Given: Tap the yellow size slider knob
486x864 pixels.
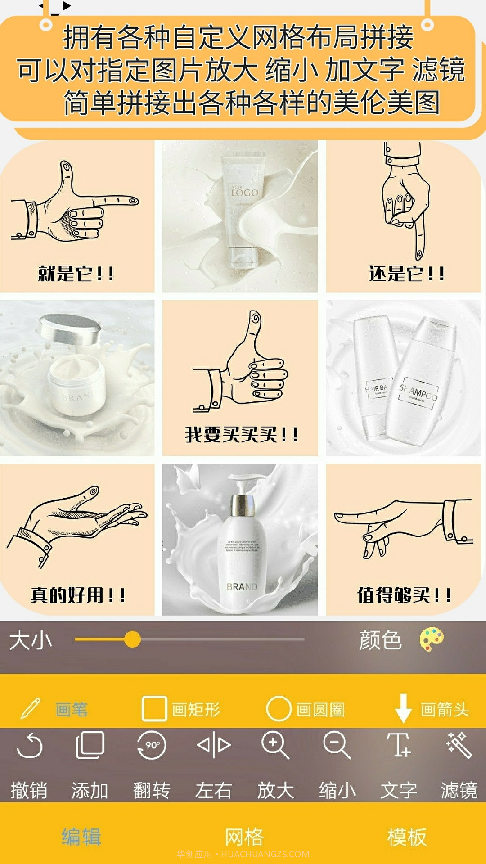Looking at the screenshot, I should click(132, 639).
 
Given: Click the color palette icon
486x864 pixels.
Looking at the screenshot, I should click(432, 639).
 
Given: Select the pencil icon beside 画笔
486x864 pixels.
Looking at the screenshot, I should click(31, 708).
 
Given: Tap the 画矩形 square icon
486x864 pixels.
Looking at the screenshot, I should click(154, 709).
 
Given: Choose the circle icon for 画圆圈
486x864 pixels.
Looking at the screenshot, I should click(279, 709).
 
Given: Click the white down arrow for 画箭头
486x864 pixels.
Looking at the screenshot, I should click(403, 708).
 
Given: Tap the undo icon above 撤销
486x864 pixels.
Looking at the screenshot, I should click(30, 746).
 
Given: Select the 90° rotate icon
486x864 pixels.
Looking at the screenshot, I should click(152, 745).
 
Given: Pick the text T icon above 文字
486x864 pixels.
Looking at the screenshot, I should click(398, 744).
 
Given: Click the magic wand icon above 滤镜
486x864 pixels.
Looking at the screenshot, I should click(459, 744).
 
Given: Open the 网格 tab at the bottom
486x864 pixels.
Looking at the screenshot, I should click(244, 837).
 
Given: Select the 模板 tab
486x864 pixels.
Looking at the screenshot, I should click(407, 837).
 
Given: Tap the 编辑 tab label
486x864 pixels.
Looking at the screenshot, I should click(81, 837).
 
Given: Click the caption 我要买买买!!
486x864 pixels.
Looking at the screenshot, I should click(241, 435).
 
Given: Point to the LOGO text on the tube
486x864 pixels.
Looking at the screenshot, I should click(244, 193).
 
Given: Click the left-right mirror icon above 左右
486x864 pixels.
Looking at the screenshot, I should click(214, 745).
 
